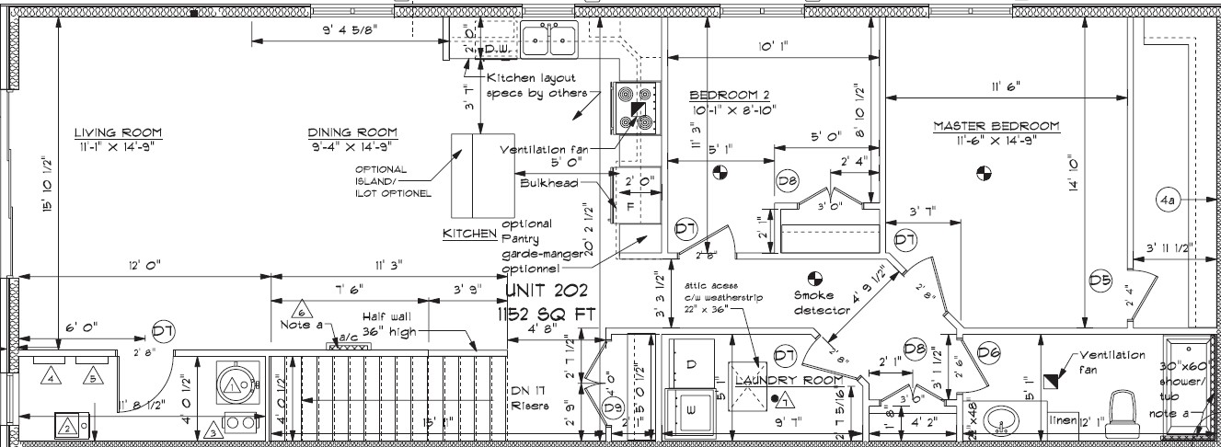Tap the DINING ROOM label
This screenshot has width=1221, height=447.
coord(352,132)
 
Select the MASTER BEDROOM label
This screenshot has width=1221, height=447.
coord(996,126)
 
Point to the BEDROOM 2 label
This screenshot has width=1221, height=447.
coord(729,95)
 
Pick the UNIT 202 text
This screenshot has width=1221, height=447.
coord(547,292)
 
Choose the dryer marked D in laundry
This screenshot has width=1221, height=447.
coord(691,364)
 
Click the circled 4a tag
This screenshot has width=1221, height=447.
coord(1169,199)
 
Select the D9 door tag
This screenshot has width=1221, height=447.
coord(614,407)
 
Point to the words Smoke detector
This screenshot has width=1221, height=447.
coord(823,303)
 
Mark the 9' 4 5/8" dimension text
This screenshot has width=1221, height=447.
coord(350,29)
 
